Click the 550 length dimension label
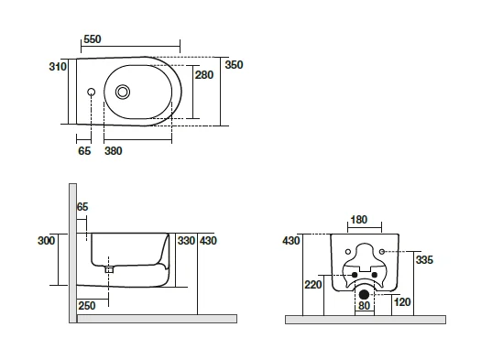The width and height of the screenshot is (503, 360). tap(93, 39)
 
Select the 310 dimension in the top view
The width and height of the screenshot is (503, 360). tap(58, 67)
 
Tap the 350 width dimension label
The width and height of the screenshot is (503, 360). tap(234, 65)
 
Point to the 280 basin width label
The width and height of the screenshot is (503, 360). tap(204, 75)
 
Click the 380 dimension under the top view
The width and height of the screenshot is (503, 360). tap(114, 151)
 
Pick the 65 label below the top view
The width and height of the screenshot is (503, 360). tap(84, 151)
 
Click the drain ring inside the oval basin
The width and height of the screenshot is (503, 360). tap(123, 93)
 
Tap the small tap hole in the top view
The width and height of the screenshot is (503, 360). tap(91, 93)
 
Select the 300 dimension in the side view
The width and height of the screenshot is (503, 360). tap(46, 241)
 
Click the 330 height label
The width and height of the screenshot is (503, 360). tap(186, 241)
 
